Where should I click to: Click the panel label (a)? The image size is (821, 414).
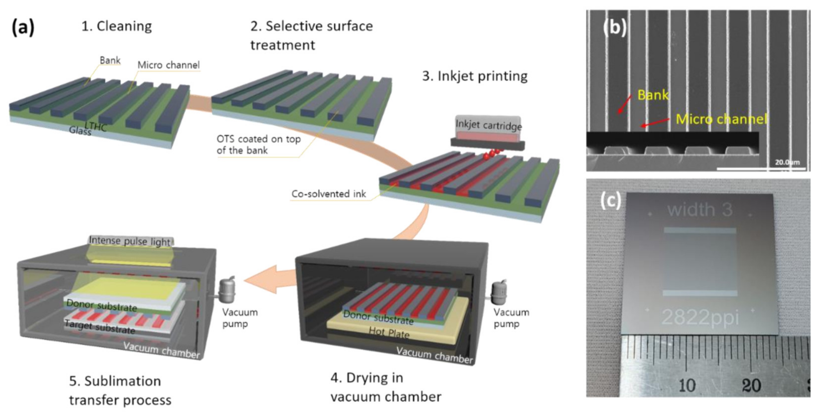(23, 27)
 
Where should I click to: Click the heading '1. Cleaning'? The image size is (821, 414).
(116, 26)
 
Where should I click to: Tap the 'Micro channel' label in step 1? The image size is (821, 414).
(168, 65)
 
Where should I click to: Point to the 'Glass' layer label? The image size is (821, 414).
(80, 131)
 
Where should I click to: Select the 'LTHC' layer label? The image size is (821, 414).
(96, 127)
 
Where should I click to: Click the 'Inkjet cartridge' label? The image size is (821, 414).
(488, 125)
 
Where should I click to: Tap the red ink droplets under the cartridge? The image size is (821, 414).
(491, 154)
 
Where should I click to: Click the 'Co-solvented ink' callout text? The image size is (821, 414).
(329, 194)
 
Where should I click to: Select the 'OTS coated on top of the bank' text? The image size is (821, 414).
(258, 144)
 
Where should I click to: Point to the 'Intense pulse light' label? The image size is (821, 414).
(130, 241)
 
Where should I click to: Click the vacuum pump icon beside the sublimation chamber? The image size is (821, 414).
(227, 290)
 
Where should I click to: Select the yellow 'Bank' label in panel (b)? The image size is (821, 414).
(652, 95)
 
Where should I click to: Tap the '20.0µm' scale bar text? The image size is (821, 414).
(787, 162)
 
